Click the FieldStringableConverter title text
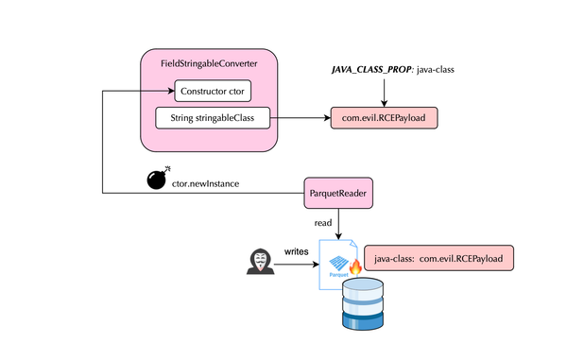pyautogui.click(x=210, y=64)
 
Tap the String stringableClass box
pyautogui.click(x=213, y=118)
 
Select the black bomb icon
pyautogui.click(x=158, y=180)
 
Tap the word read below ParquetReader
pyautogui.click(x=323, y=223)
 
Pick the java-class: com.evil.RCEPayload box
pyautogui.click(x=438, y=258)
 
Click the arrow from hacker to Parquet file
pyautogui.click(x=298, y=265)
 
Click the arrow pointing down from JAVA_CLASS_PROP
pyautogui.click(x=385, y=92)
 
